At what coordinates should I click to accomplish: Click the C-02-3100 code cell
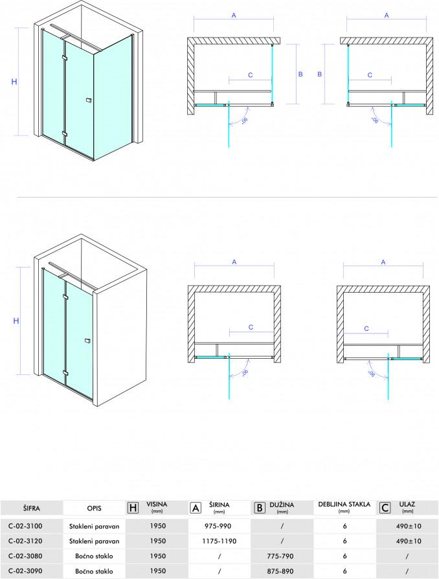pyautogui.click(x=25, y=526)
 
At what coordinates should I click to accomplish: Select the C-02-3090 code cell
pyautogui.click(x=25, y=571)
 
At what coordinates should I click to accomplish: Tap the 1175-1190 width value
pyautogui.click(x=219, y=541)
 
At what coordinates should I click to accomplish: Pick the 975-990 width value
pyautogui.click(x=218, y=526)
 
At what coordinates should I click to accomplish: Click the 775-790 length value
pyautogui.click(x=280, y=556)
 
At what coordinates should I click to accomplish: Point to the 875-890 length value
pyautogui.click(x=280, y=571)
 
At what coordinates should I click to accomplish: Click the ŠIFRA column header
pyautogui.click(x=31, y=508)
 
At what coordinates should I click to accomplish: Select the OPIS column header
pyautogui.click(x=94, y=508)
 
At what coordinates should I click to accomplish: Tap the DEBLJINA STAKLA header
pyautogui.click(x=344, y=505)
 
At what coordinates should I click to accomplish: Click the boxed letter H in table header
pyautogui.click(x=133, y=508)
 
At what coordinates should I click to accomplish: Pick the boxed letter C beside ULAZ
pyautogui.click(x=385, y=508)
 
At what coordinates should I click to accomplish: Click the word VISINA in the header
pyautogui.click(x=157, y=504)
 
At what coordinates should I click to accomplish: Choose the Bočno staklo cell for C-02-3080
pyautogui.click(x=94, y=556)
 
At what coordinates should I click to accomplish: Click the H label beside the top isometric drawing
pyautogui.click(x=14, y=82)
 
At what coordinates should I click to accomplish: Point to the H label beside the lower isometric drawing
pyautogui.click(x=16, y=321)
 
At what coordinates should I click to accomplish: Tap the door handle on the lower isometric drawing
pyautogui.click(x=87, y=341)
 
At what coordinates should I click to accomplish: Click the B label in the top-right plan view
pyautogui.click(x=320, y=74)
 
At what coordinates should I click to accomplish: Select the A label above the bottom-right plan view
pyautogui.click(x=383, y=262)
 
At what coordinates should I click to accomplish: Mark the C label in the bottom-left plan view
pyautogui.click(x=251, y=327)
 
